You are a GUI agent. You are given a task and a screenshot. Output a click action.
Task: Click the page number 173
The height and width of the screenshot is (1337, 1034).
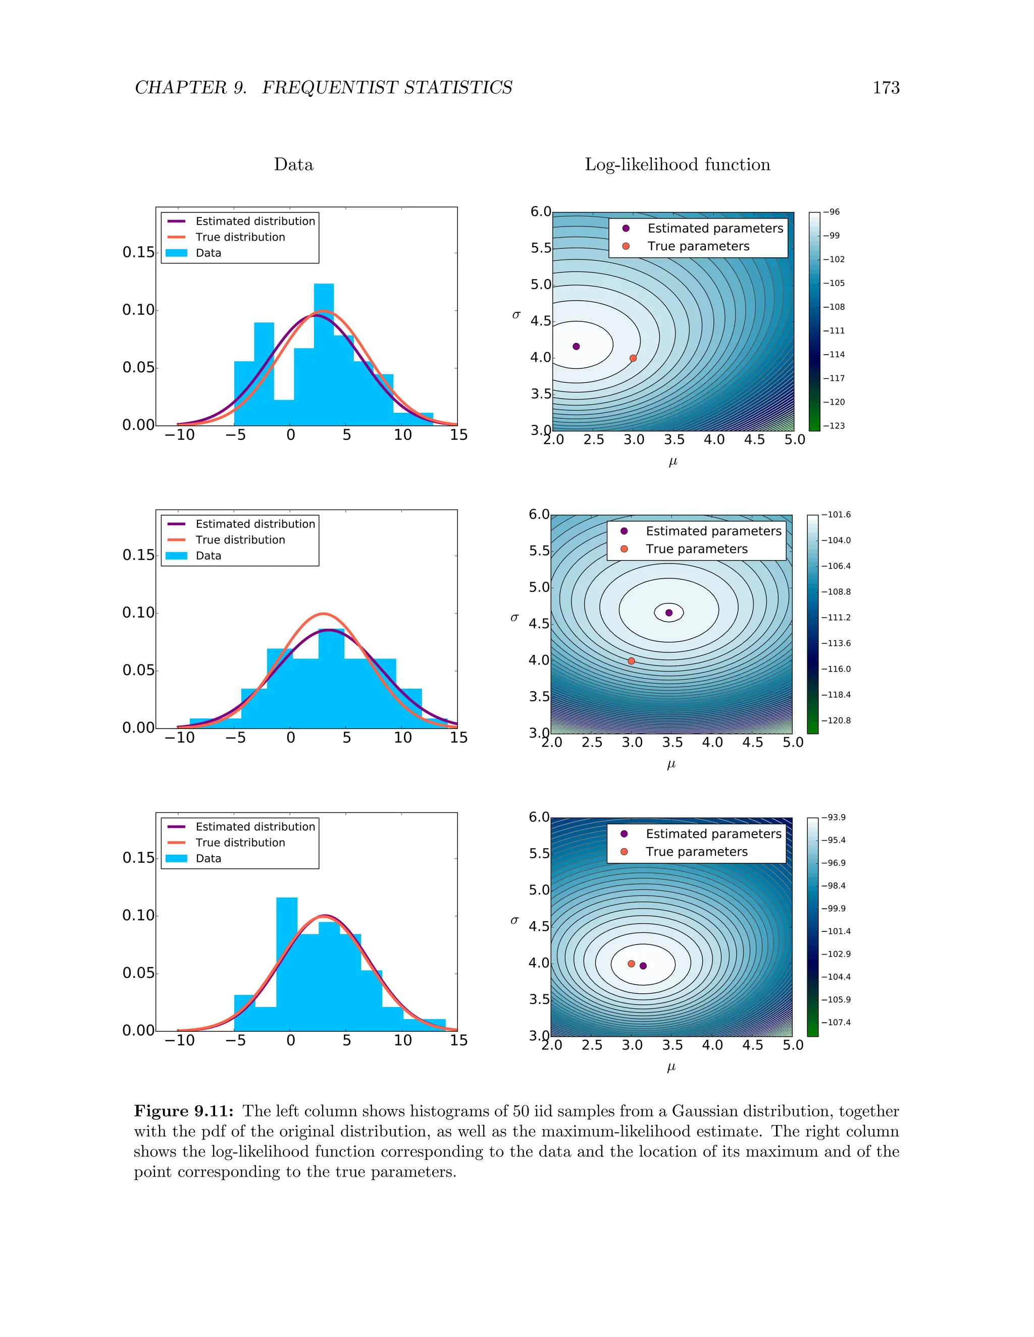[885, 88]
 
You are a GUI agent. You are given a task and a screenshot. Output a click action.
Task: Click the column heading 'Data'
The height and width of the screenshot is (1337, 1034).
[293, 164]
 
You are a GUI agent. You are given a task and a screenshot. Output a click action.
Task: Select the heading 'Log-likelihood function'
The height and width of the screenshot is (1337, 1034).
[677, 164]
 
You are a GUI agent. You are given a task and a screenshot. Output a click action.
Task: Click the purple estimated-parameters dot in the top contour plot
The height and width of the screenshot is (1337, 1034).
[576, 347]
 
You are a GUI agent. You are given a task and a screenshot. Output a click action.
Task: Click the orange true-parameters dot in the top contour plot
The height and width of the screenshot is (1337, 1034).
[633, 358]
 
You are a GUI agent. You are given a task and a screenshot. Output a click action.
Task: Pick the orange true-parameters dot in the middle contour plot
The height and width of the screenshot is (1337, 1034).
[631, 660]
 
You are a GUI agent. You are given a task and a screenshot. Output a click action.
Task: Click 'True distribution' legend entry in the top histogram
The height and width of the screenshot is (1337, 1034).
[240, 237]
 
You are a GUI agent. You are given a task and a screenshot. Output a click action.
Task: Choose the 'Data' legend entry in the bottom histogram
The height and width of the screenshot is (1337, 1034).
[209, 858]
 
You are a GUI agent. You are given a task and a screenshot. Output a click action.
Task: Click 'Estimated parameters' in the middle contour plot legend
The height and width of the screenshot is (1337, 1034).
[713, 531]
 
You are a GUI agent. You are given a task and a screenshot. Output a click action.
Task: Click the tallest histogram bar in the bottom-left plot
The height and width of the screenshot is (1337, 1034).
[287, 964]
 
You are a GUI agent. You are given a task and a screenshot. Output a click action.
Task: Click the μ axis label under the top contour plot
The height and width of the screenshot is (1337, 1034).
[673, 462]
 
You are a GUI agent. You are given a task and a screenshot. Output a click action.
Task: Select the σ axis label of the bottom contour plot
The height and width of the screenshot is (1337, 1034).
[514, 920]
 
